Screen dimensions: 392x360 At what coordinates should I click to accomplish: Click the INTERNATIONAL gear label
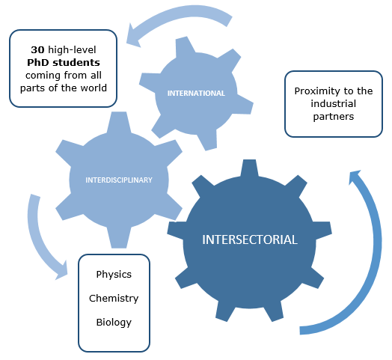point(196,94)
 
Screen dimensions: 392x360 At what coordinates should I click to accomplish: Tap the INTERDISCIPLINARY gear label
point(119,180)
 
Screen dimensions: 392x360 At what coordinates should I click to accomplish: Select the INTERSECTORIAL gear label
point(250,240)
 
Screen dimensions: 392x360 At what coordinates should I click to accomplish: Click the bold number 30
point(37,50)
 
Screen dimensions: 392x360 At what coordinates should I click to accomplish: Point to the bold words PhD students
point(64,63)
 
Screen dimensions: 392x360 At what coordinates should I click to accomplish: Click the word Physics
point(114,275)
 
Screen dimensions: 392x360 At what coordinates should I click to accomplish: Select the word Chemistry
point(114,299)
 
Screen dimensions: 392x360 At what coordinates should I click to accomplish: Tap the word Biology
point(114,323)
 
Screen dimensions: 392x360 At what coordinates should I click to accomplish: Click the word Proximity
point(316,91)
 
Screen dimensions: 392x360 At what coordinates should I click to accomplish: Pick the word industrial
point(334,104)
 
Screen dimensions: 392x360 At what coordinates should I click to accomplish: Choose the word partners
point(334,117)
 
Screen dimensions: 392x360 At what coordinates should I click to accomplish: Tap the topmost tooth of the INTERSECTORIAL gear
point(249,168)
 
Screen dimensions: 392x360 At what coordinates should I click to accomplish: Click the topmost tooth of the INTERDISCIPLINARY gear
point(119,122)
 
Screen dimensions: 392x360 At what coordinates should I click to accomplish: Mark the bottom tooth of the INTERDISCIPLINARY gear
point(119,238)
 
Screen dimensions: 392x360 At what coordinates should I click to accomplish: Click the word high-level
point(72,50)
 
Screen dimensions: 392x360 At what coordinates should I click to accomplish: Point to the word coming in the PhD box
point(43,76)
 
